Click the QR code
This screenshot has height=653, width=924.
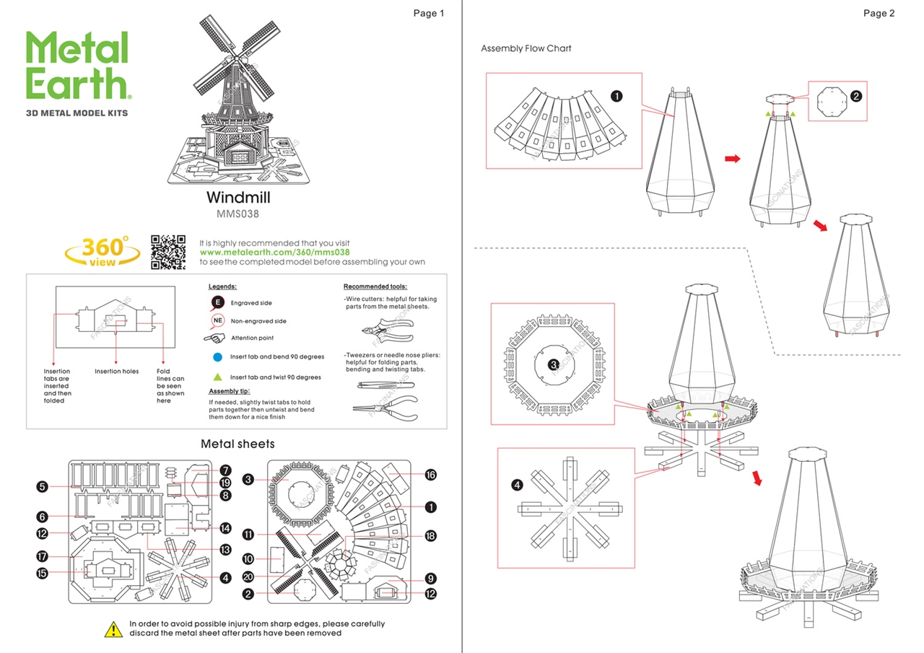click(x=168, y=252)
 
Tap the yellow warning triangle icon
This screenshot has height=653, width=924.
click(x=114, y=628)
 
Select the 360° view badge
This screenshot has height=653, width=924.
click(x=103, y=251)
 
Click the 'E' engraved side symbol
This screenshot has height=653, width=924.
click(x=217, y=302)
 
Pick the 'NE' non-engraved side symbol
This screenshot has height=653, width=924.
click(x=217, y=320)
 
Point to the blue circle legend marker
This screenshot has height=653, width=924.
click(x=217, y=356)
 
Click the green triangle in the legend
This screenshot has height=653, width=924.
click(x=217, y=377)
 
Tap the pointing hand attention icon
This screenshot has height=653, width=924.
click(x=216, y=337)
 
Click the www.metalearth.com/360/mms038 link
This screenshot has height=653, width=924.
click(x=274, y=253)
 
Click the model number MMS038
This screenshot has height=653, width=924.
click(x=237, y=214)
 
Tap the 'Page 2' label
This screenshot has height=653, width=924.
click(x=879, y=13)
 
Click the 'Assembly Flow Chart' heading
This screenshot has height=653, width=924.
click(x=526, y=48)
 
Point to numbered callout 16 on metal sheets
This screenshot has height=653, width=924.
click(x=431, y=475)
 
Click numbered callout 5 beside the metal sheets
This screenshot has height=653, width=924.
click(x=43, y=487)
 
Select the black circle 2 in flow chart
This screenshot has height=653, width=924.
click(x=856, y=96)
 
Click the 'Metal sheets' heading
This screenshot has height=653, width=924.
click(x=237, y=444)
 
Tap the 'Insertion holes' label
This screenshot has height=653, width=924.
click(x=116, y=372)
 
